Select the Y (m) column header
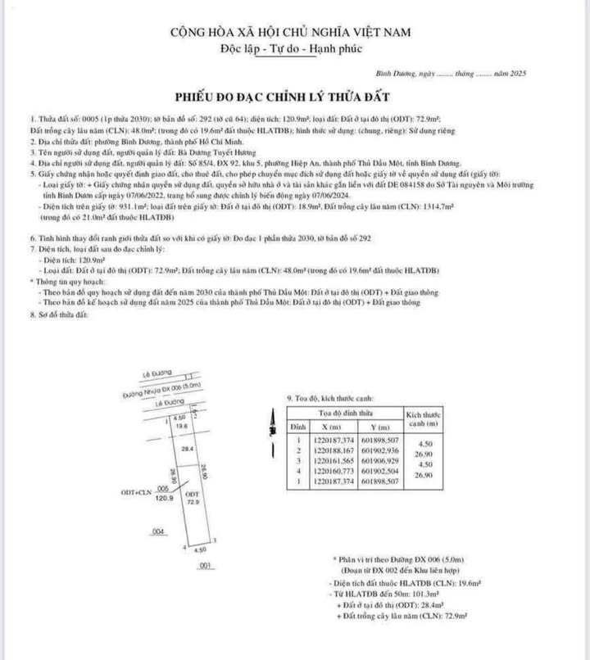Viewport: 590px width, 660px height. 381,427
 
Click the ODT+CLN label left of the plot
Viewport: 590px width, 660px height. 134,493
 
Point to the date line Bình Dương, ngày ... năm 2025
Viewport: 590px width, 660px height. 459,73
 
